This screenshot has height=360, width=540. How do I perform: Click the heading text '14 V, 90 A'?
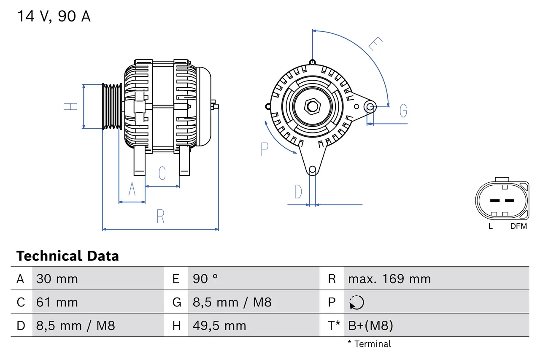coord(54,16)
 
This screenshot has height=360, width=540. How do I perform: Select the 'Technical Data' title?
coord(67,256)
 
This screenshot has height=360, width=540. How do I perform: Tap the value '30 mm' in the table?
coord(57,279)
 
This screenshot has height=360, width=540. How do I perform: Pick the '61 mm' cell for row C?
coord(57,302)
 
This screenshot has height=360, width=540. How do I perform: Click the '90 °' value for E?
coord(205,279)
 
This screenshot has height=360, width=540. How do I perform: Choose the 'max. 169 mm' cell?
coord(389,279)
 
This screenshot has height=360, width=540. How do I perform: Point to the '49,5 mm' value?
coord(219,325)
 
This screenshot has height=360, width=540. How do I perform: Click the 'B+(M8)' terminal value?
coord(370,325)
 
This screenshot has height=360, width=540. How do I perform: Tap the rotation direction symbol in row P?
coord(356,302)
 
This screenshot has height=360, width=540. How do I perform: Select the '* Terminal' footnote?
coord(370,344)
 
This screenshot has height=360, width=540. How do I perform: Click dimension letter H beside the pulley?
coord(71,106)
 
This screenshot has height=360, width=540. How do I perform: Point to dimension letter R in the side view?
coord(160,217)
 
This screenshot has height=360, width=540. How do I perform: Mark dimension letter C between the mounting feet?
coord(162,173)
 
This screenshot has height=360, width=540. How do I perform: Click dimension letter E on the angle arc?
coord(375,44)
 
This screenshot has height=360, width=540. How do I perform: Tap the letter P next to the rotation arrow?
coord(265,149)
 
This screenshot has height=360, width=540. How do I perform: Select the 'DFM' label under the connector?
coord(518,226)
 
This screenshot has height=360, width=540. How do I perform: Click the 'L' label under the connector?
coord(490,226)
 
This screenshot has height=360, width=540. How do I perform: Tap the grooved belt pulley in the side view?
coord(112,106)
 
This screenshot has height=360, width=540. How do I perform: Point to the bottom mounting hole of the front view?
coord(312,170)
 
